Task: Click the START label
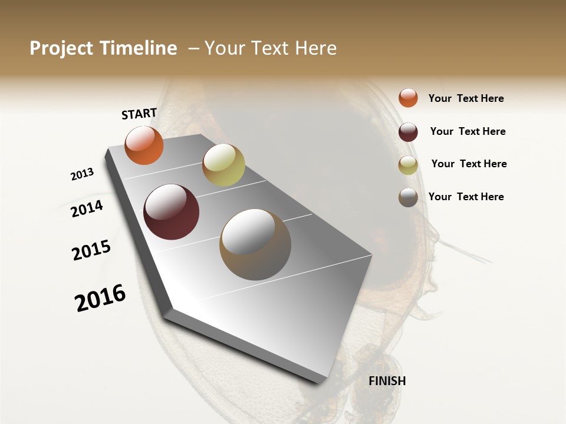[139, 114]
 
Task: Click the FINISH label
[387, 381]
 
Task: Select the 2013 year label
[82, 174]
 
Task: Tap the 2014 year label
[87, 208]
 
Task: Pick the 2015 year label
[91, 250]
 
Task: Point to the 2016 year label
[100, 298]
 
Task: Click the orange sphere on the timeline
[144, 145]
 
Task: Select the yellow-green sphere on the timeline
[223, 165]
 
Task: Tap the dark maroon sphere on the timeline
[171, 212]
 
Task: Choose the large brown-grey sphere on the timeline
[255, 244]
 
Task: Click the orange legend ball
[408, 98]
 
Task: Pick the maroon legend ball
[408, 132]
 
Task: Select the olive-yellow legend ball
[408, 165]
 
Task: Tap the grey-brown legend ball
[408, 197]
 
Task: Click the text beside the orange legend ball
[466, 98]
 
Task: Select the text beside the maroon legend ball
[468, 131]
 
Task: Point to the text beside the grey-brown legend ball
[466, 197]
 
